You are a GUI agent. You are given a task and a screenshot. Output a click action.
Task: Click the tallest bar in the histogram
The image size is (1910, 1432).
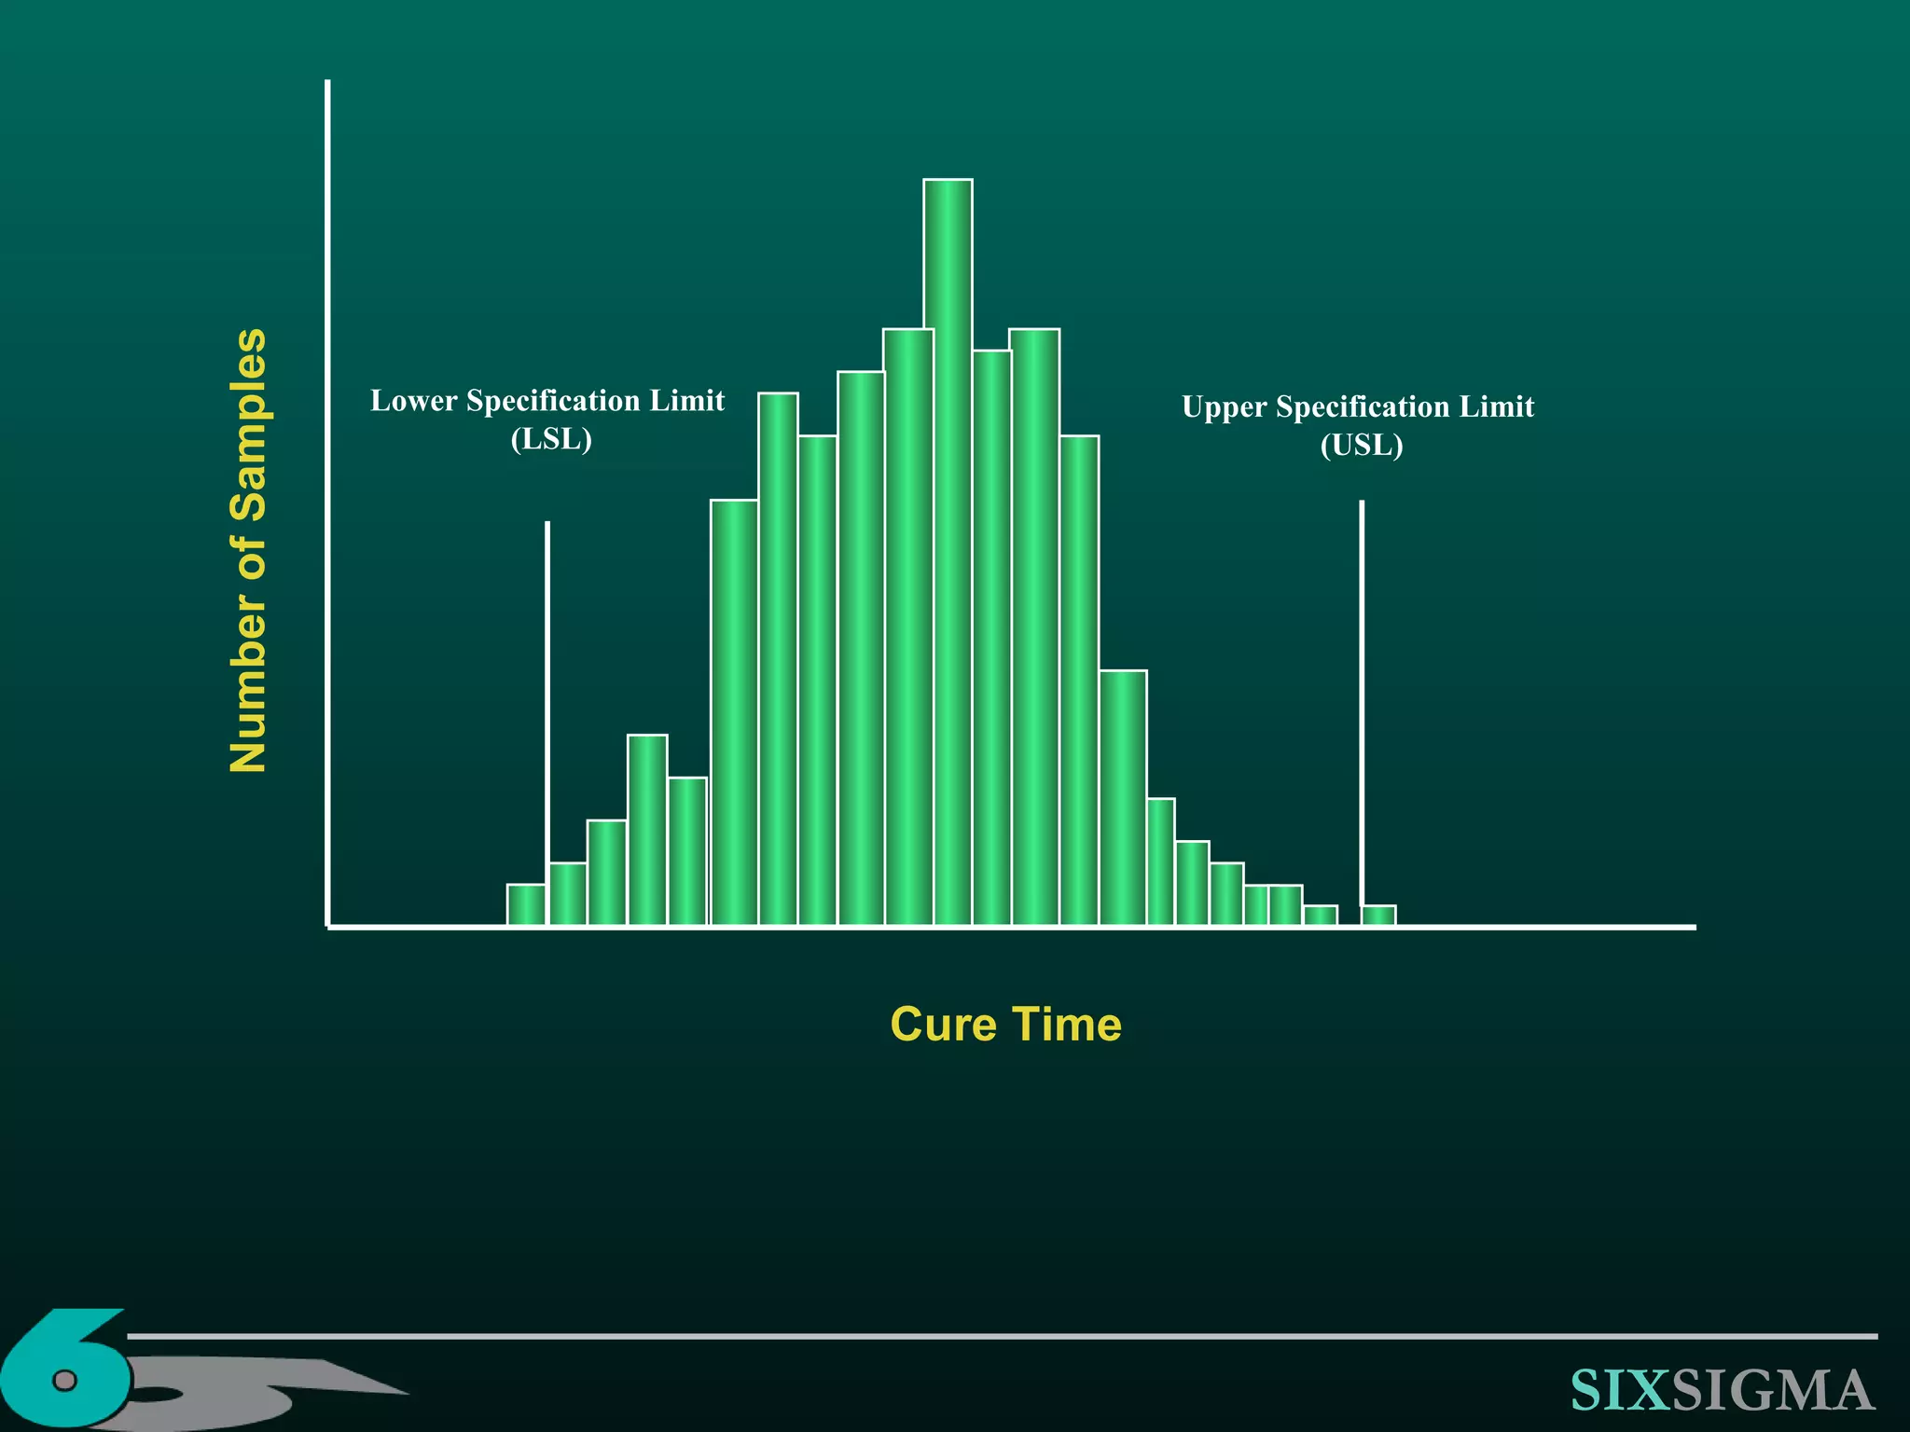(x=948, y=550)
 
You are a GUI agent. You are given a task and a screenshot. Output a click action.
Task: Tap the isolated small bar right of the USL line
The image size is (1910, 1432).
(x=1378, y=915)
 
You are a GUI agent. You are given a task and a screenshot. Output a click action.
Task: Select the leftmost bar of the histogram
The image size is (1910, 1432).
(x=526, y=903)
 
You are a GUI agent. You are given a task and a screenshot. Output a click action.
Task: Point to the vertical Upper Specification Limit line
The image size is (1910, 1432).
(x=1362, y=699)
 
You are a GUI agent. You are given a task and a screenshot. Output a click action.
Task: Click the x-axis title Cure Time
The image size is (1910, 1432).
(x=1005, y=1025)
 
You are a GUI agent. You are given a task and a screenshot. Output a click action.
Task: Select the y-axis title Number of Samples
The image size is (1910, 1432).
(x=249, y=550)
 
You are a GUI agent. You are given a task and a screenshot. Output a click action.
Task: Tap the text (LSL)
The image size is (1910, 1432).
(x=551, y=439)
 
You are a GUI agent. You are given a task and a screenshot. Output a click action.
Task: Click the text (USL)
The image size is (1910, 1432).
(x=1362, y=446)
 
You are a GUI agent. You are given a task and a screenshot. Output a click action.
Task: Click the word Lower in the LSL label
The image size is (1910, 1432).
(x=413, y=401)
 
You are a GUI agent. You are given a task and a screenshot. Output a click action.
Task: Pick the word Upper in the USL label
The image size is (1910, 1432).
(x=1224, y=407)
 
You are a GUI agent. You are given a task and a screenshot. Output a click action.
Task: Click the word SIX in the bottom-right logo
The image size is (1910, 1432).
(x=1619, y=1390)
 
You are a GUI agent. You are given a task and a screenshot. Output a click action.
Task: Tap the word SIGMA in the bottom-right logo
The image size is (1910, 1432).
(x=1772, y=1390)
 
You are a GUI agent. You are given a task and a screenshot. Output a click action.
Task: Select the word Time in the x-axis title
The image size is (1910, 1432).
(x=1066, y=1025)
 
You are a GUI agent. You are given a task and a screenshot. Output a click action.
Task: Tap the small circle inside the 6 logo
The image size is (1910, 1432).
(x=64, y=1379)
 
